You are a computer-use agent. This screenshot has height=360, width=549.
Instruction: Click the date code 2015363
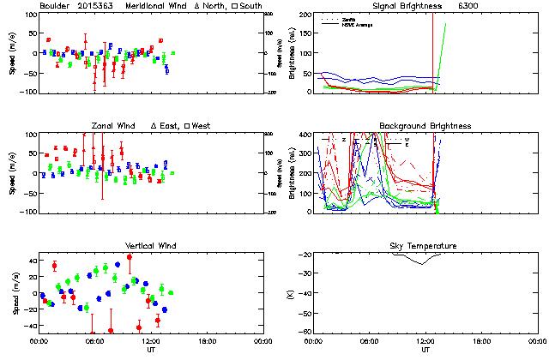(x=95, y=6)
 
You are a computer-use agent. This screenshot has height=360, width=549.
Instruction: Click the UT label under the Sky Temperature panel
(x=425, y=350)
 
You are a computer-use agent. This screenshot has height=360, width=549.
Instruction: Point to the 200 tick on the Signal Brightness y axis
(x=306, y=15)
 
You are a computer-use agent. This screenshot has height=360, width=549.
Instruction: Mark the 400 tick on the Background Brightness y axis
(x=306, y=135)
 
